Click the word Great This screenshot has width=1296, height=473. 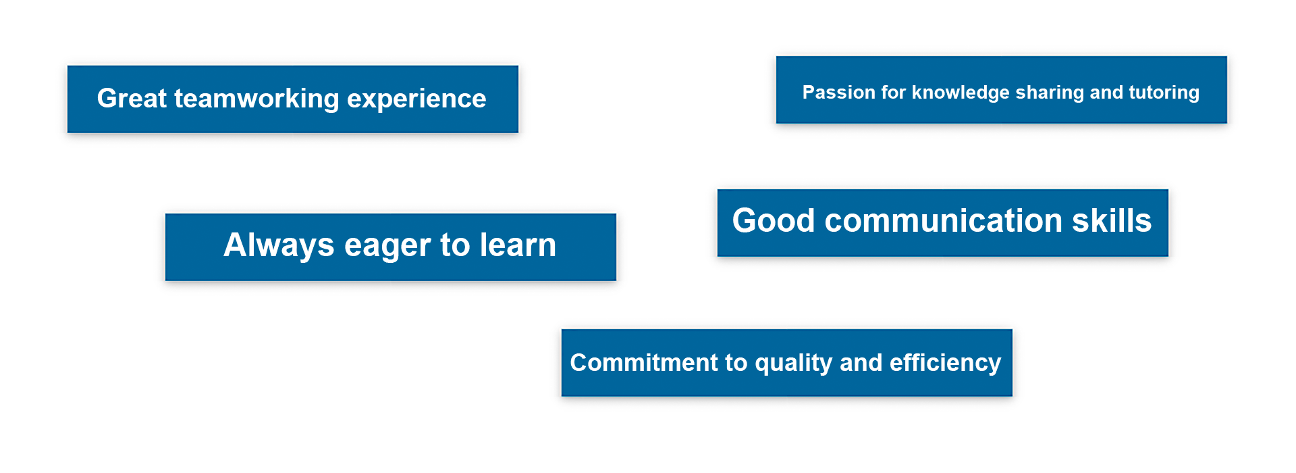pyautogui.click(x=132, y=99)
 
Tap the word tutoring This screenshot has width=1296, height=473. pyautogui.click(x=1164, y=93)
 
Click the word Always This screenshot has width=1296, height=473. pyautogui.click(x=279, y=246)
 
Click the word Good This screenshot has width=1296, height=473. pyautogui.click(x=774, y=221)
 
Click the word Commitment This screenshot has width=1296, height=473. pyautogui.click(x=644, y=363)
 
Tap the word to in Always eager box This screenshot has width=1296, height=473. pyautogui.click(x=455, y=246)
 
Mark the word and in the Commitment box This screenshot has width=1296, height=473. pyautogui.click(x=861, y=363)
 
